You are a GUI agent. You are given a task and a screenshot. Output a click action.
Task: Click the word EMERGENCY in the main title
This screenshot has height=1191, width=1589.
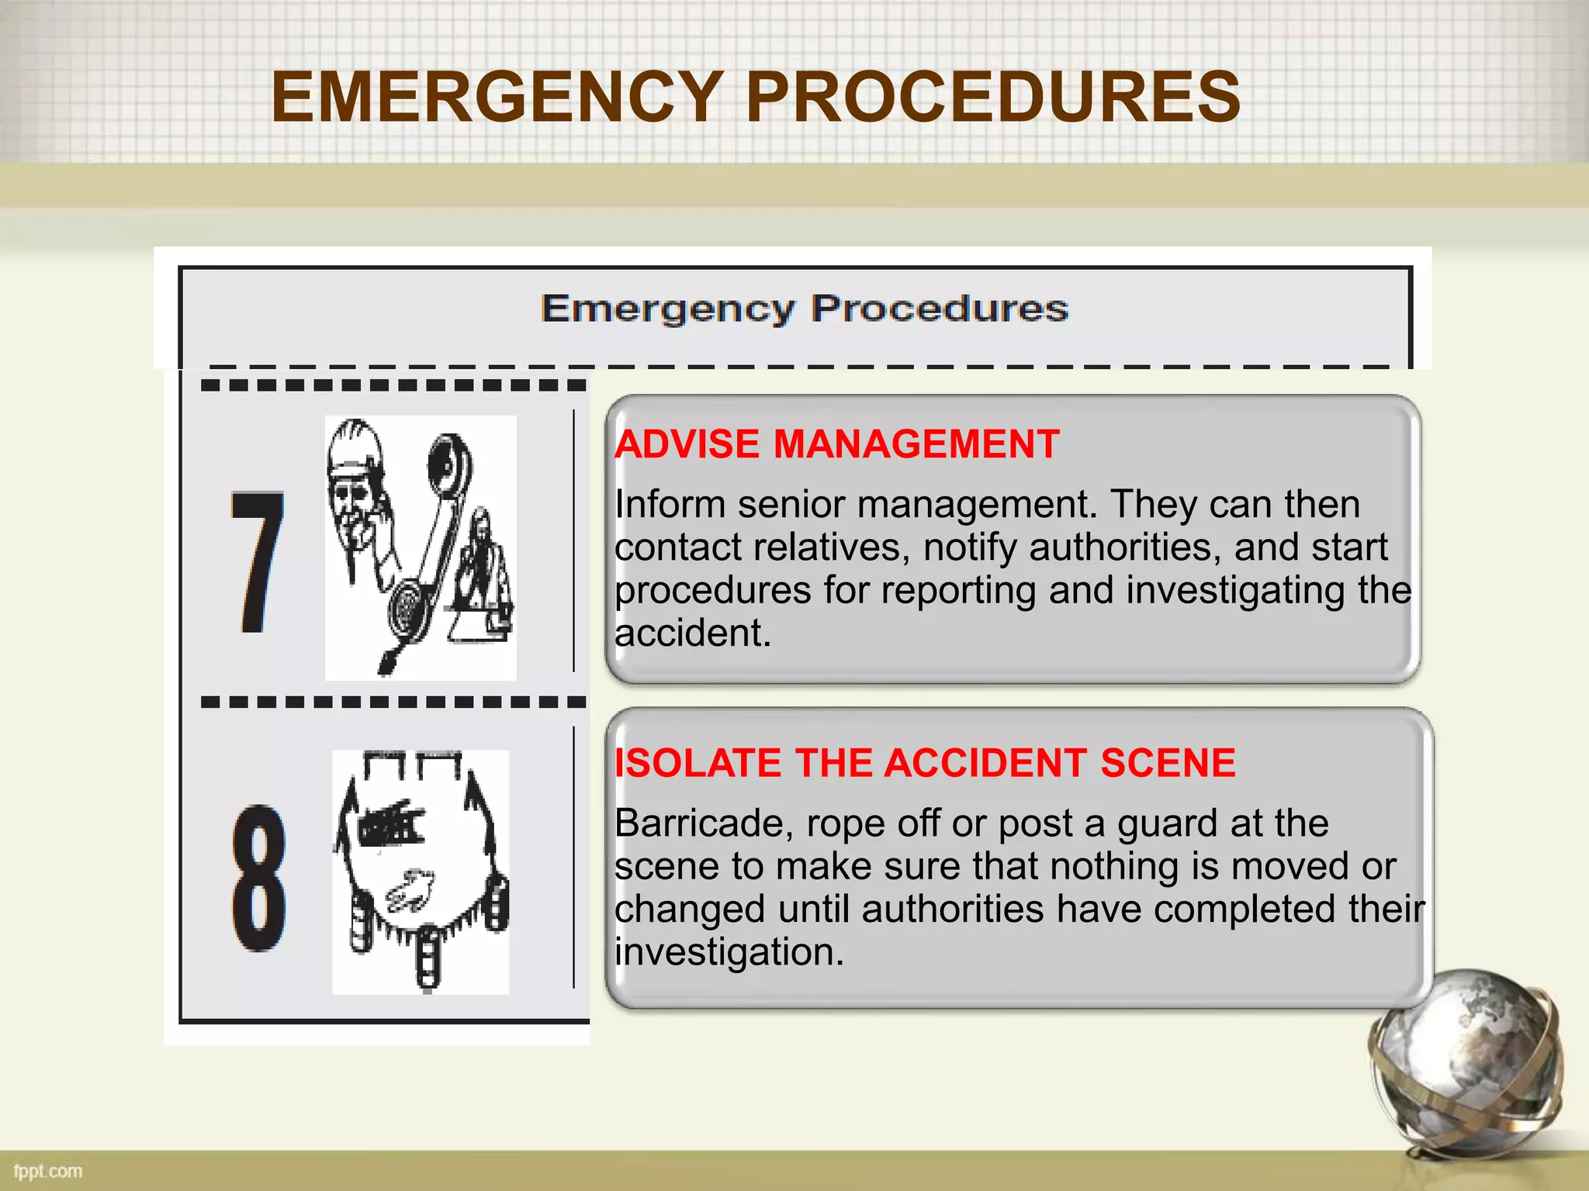[497, 97]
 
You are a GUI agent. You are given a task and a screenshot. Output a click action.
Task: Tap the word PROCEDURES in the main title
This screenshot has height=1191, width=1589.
[992, 97]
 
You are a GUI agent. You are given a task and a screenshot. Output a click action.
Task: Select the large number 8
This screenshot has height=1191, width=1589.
[259, 878]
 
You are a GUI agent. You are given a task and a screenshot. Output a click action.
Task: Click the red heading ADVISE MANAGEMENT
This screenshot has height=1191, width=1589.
[837, 445]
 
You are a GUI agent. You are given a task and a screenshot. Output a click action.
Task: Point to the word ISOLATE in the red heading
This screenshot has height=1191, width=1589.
[698, 763]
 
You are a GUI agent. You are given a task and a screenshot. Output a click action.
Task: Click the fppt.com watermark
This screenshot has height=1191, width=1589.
[48, 1171]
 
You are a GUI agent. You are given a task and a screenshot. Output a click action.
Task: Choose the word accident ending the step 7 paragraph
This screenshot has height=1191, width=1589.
[692, 633]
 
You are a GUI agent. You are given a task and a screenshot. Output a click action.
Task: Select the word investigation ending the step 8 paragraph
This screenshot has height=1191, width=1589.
[729, 952]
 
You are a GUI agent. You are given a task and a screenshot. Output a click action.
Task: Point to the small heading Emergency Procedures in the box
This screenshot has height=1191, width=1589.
[805, 309]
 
